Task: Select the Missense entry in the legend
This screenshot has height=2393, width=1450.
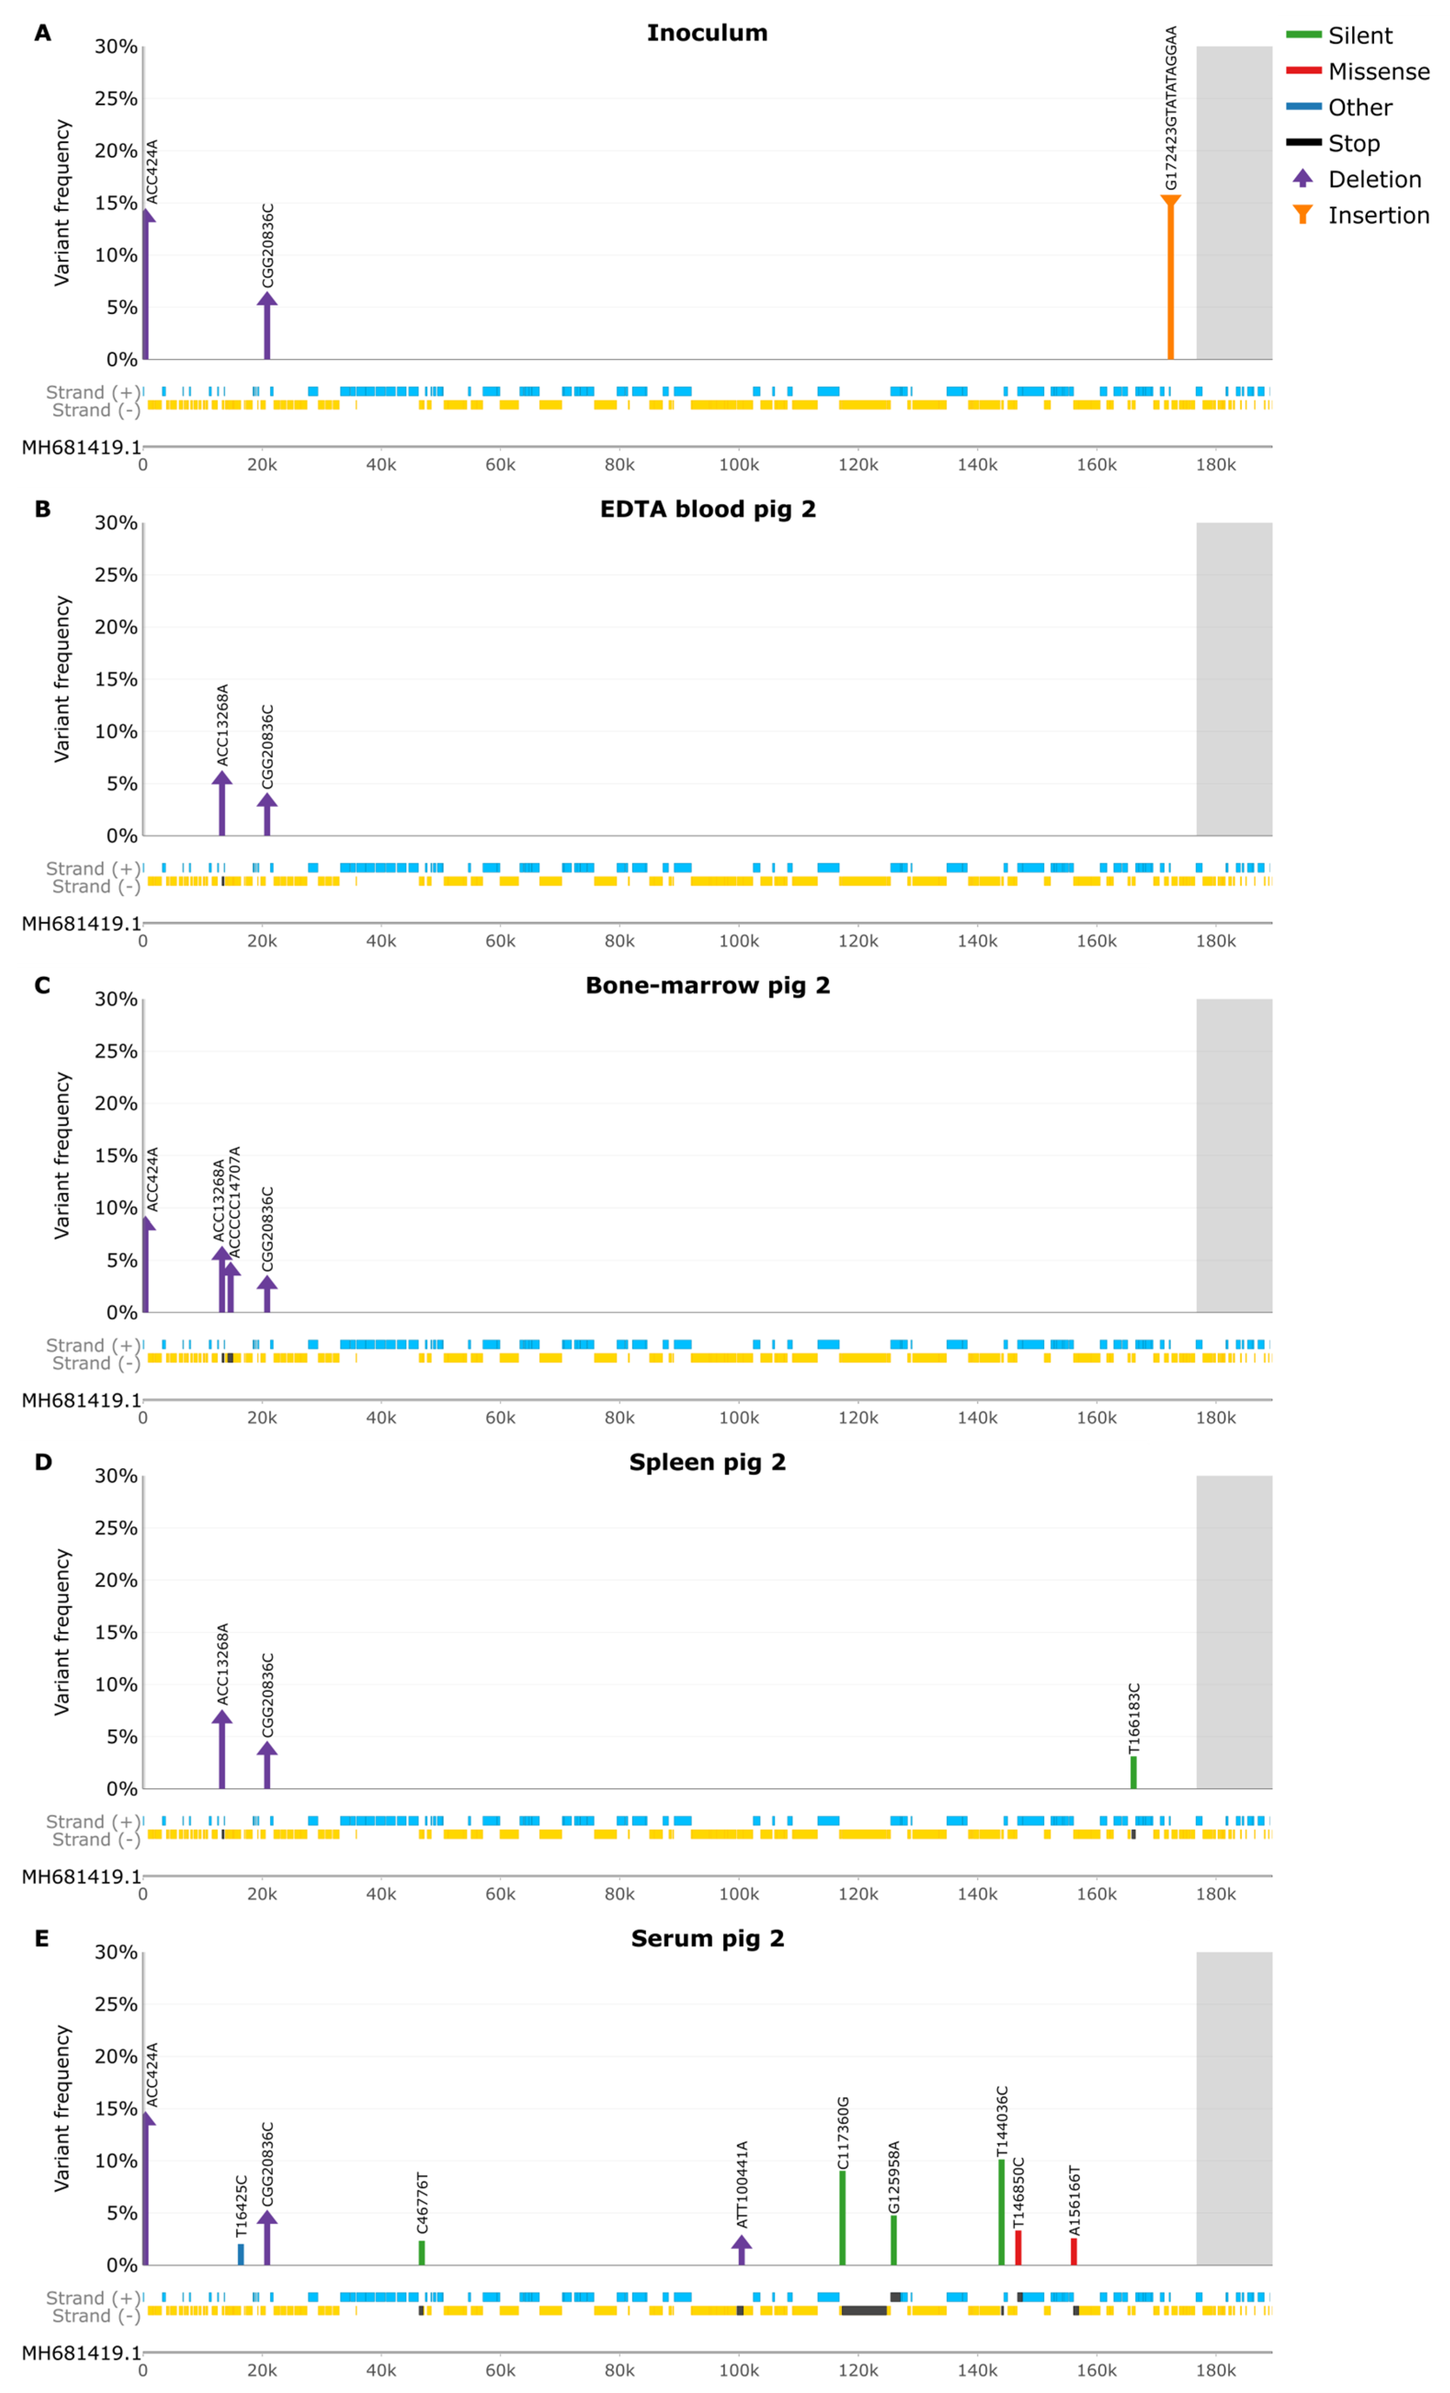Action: click(1377, 72)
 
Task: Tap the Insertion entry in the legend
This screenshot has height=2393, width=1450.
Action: click(1377, 216)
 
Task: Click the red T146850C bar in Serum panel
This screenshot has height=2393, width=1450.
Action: click(1018, 2247)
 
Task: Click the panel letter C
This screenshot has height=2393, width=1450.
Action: click(42, 986)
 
